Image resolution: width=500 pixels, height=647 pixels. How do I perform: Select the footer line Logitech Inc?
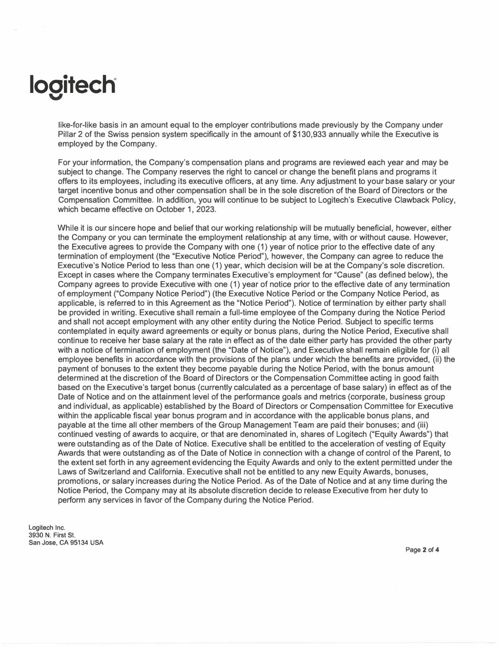click(x=47, y=528)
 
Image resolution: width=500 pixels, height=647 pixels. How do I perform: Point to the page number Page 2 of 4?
click(x=422, y=550)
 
